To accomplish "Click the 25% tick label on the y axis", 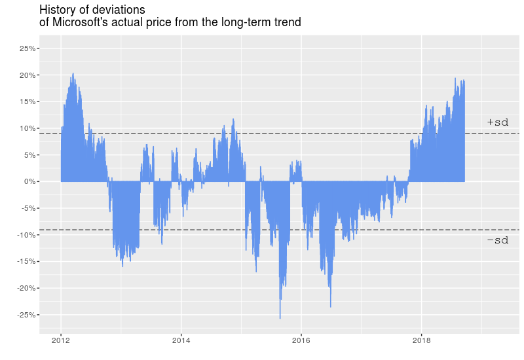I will (28, 48).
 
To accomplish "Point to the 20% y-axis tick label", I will (28, 75).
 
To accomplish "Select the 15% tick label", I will (28, 101).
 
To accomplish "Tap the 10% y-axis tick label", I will (28, 128).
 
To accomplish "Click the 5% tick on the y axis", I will (29, 155).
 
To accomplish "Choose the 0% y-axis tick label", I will (29, 181).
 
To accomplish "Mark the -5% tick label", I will (28, 208).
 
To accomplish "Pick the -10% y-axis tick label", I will (26, 235).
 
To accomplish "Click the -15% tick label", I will (26, 261).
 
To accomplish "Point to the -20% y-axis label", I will (26, 288).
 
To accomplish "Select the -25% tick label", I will (26, 315).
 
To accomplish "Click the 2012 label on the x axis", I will (61, 340).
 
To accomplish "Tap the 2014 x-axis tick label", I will (181, 340).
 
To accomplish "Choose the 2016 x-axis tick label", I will (301, 340).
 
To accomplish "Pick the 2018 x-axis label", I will (421, 340).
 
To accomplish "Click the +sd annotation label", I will (498, 122).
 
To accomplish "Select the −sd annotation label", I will (498, 241).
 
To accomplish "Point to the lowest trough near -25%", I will (280, 317).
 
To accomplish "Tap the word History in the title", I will (58, 10).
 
